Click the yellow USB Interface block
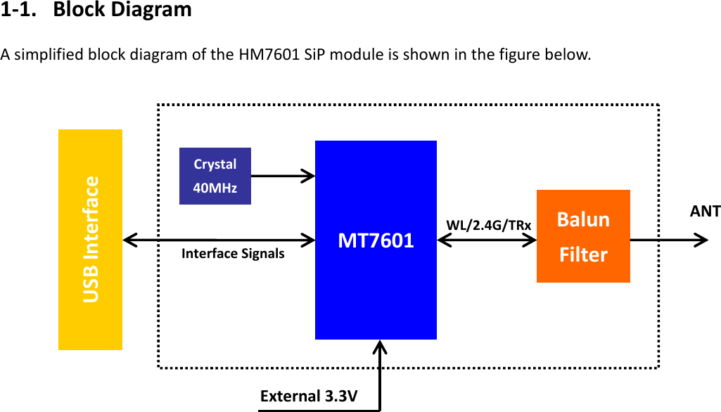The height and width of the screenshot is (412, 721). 90,239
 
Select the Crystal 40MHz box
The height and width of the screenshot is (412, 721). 215,176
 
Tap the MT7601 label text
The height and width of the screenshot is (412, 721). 376,240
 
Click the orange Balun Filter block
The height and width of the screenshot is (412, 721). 583,236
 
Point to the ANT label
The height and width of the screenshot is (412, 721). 705,211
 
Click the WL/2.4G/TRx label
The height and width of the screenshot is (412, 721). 488,224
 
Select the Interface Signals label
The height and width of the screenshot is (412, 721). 233,253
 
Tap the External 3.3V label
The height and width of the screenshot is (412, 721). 309,396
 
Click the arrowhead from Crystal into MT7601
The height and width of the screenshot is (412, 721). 308,176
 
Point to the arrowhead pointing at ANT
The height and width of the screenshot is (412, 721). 701,240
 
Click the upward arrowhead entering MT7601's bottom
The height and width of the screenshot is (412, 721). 381,347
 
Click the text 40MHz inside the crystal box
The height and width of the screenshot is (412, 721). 215,188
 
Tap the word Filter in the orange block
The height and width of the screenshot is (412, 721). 583,254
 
